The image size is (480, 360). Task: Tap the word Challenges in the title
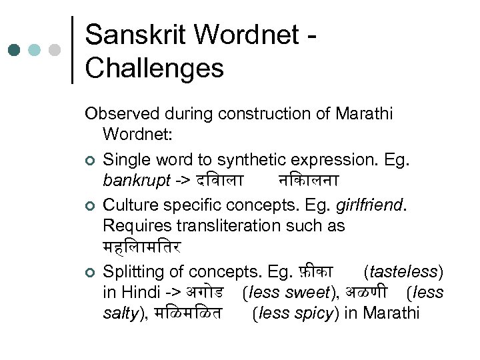(155, 67)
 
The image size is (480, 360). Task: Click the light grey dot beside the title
(55, 50)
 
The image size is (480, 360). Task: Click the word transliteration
(233, 225)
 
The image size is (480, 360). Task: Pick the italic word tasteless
(403, 271)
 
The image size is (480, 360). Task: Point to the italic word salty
(119, 313)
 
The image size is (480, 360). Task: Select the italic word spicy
(314, 313)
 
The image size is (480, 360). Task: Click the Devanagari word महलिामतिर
(142, 248)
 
